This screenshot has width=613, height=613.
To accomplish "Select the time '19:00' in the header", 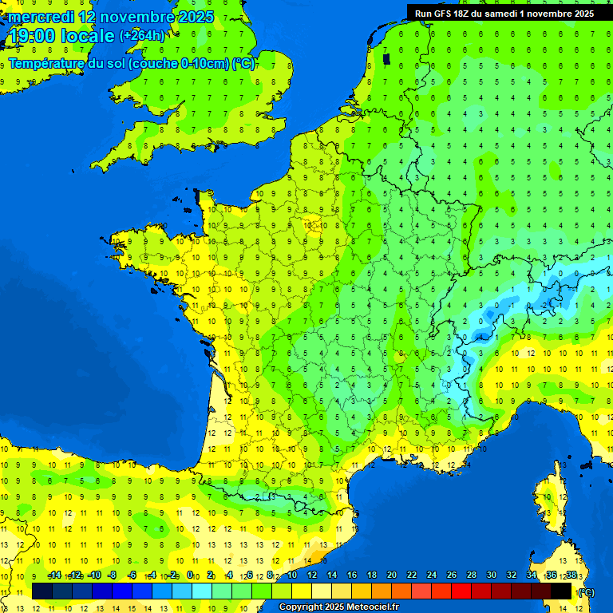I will [x=34, y=36].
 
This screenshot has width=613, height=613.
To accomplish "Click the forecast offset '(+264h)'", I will [x=143, y=36].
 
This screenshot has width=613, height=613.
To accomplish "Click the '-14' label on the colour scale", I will [x=54, y=575].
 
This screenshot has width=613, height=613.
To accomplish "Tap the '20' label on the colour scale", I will [x=391, y=575].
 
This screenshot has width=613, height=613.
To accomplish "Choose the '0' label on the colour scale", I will [x=190, y=575].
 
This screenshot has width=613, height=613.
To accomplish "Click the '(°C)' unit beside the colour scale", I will [x=586, y=592].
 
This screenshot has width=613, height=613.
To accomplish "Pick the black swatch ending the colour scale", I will [x=561, y=591].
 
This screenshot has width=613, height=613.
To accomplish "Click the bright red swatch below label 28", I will [x=461, y=591].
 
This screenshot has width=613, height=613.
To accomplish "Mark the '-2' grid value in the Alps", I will [x=544, y=305].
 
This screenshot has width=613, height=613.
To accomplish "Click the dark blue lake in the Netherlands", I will [x=387, y=58].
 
